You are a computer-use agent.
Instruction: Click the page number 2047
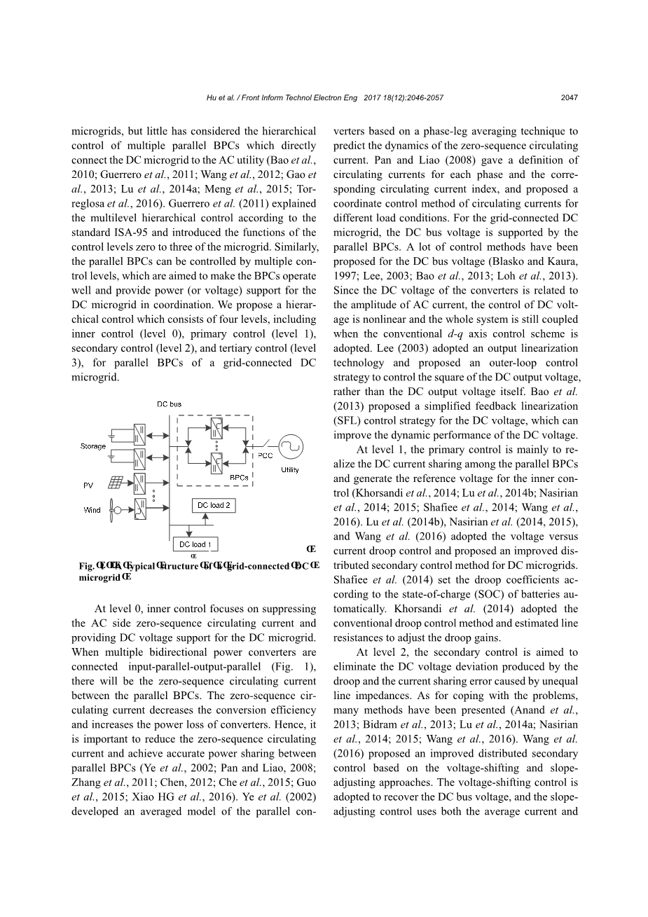569,98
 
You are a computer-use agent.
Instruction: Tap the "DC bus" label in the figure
169,404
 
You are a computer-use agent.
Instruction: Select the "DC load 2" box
213,505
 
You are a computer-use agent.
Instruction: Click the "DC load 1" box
195,544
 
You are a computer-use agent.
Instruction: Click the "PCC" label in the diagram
265,455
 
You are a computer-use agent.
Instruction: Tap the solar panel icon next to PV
116,483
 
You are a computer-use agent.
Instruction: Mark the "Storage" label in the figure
92,446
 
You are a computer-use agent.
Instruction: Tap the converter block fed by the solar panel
141,483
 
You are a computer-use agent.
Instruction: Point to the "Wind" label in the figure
92,510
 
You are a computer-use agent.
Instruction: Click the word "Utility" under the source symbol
289,470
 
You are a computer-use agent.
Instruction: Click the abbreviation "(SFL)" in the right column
350,420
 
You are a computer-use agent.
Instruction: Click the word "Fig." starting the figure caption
86,566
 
